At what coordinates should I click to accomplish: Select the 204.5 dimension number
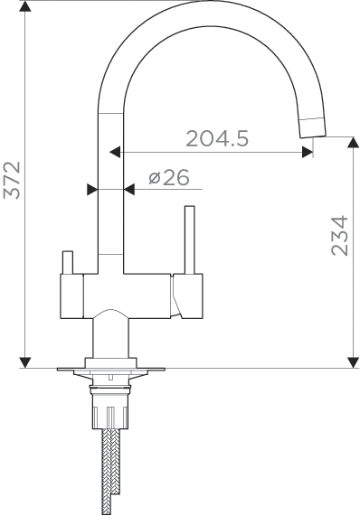pyautogui.click(x=217, y=138)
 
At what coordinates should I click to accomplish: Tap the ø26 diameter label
pyautogui.click(x=168, y=178)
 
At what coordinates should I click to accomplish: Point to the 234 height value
pyautogui.click(x=338, y=236)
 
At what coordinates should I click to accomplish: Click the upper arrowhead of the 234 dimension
pyautogui.click(x=352, y=143)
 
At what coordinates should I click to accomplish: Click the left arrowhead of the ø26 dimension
pyautogui.click(x=91, y=189)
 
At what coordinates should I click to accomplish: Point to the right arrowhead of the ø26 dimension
pyautogui.click(x=128, y=189)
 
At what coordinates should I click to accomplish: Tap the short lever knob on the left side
pyautogui.click(x=66, y=262)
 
